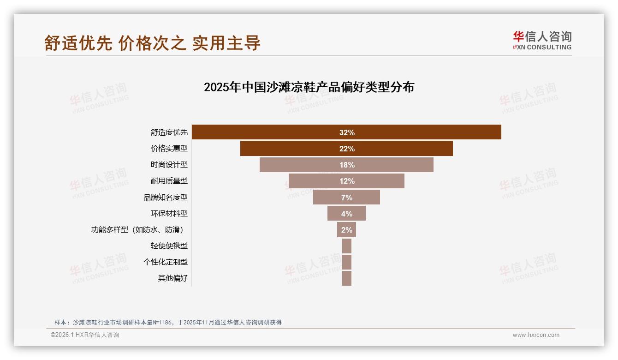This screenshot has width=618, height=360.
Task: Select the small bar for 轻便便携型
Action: click(347, 246)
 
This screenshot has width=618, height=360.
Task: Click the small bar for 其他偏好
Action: click(347, 278)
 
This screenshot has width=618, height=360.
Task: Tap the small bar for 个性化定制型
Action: click(347, 262)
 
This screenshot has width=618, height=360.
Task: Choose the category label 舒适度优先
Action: click(169, 132)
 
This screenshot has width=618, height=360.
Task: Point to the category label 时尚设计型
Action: click(169, 165)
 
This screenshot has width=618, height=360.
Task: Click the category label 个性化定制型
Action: click(166, 262)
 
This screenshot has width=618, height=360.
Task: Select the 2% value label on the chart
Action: click(347, 230)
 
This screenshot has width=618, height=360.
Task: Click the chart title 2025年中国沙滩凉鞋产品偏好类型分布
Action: click(309, 87)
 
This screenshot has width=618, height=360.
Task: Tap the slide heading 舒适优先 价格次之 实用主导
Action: click(153, 43)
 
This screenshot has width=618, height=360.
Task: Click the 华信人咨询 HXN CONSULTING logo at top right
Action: click(542, 41)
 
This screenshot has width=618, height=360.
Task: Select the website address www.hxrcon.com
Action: click(536, 335)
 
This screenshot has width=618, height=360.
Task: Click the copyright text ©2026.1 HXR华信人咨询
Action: click(85, 335)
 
